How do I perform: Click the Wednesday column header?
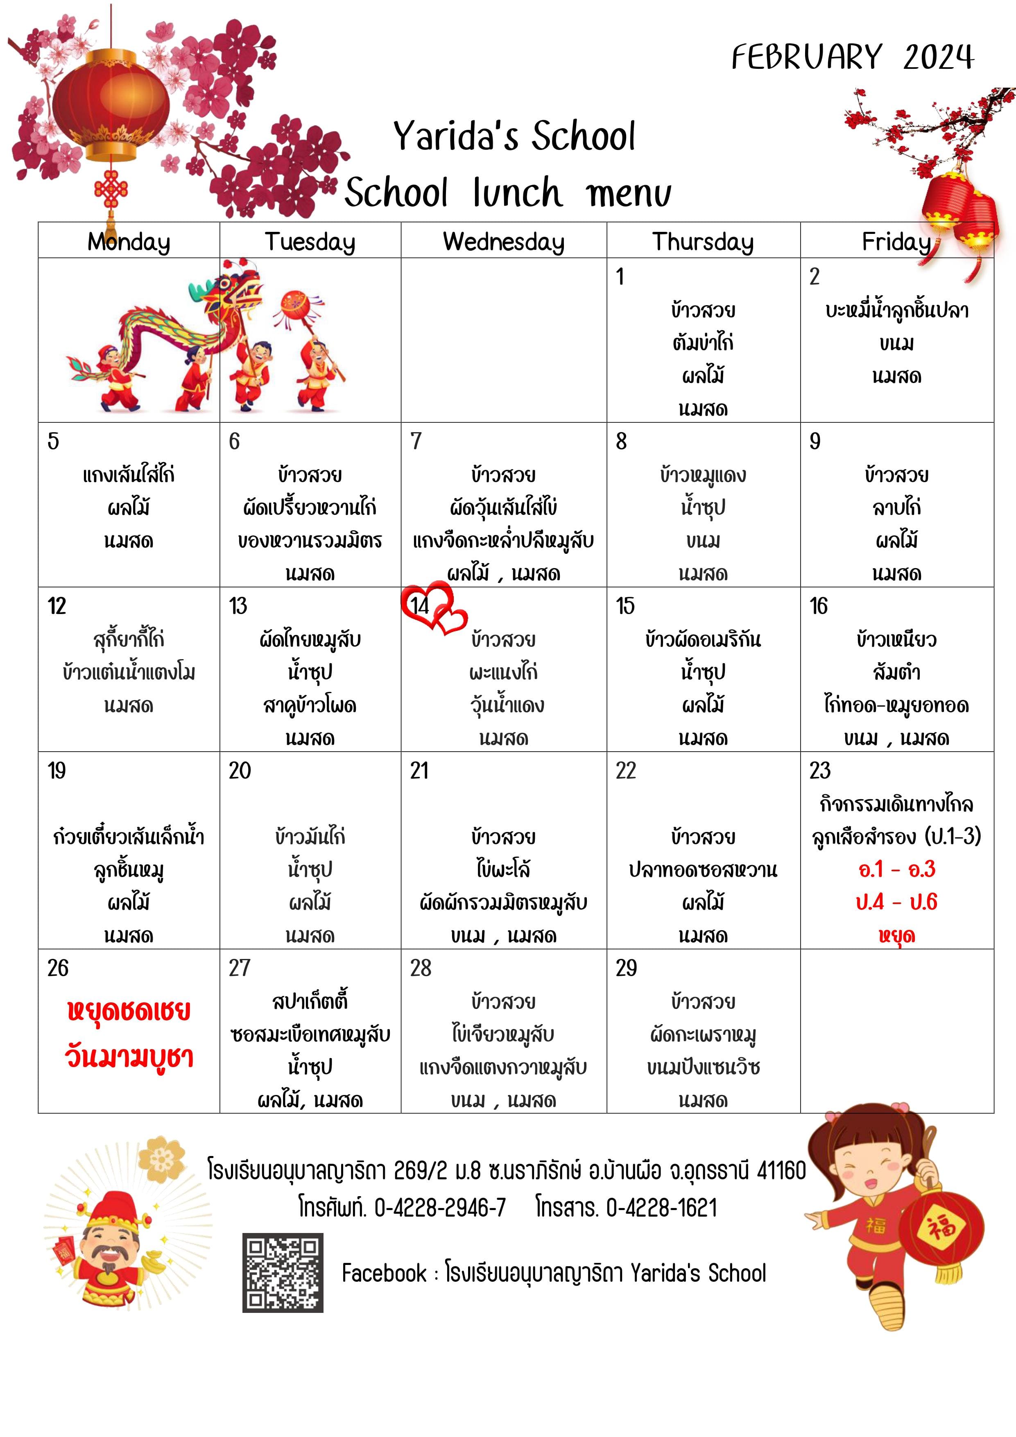504,242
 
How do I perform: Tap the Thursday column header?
703,242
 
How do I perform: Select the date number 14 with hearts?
420,605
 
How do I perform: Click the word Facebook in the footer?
384,1273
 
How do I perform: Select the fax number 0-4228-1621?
662,1207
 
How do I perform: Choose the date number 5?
53,441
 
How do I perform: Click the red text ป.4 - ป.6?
896,902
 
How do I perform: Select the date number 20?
240,771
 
